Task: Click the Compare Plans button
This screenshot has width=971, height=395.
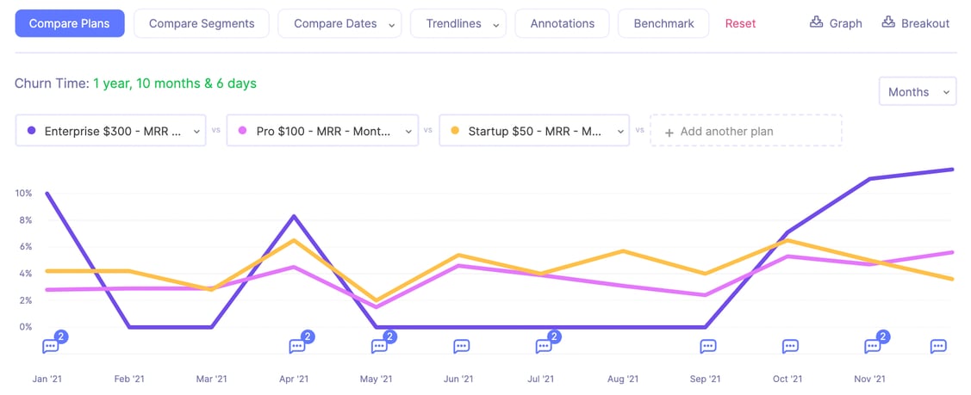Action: pyautogui.click(x=70, y=23)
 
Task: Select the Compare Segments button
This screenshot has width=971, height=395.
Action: pyautogui.click(x=202, y=23)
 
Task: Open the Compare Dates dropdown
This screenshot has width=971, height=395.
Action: pyautogui.click(x=339, y=23)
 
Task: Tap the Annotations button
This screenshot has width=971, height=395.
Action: pyautogui.click(x=562, y=23)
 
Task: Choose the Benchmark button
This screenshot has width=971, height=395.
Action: pyautogui.click(x=663, y=23)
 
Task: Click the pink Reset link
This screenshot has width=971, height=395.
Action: pyautogui.click(x=740, y=23)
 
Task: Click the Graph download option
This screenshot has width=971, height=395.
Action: pyautogui.click(x=836, y=23)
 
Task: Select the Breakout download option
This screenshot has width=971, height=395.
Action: pyautogui.click(x=916, y=23)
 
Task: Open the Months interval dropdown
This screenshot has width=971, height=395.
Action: pyautogui.click(x=917, y=91)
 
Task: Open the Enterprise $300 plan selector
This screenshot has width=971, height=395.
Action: pyautogui.click(x=110, y=131)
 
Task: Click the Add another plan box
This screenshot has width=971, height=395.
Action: pyautogui.click(x=746, y=131)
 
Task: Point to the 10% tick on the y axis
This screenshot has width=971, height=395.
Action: pyautogui.click(x=23, y=194)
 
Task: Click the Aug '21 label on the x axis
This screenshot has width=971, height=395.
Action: pyautogui.click(x=622, y=379)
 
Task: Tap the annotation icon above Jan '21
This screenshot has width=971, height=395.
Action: pyautogui.click(x=51, y=346)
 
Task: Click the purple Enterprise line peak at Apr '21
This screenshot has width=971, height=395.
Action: pyautogui.click(x=294, y=216)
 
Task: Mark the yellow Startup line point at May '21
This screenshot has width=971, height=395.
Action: pyautogui.click(x=377, y=300)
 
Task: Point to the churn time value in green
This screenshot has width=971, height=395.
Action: pyautogui.click(x=175, y=83)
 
